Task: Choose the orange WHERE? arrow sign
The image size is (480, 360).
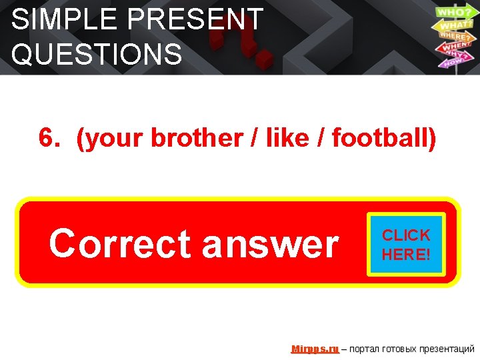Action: point(454,36)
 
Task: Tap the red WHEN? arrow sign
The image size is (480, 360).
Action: point(453,47)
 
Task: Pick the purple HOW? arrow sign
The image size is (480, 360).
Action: point(452,62)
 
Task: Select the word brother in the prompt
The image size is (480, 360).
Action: point(197,139)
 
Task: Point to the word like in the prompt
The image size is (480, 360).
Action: point(287,139)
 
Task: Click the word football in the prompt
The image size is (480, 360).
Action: point(381,139)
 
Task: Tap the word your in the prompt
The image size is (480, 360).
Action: point(114,139)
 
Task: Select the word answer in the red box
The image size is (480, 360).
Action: point(270,244)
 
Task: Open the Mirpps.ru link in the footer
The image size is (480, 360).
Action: point(315,349)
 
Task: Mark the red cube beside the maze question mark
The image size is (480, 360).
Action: point(265,58)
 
